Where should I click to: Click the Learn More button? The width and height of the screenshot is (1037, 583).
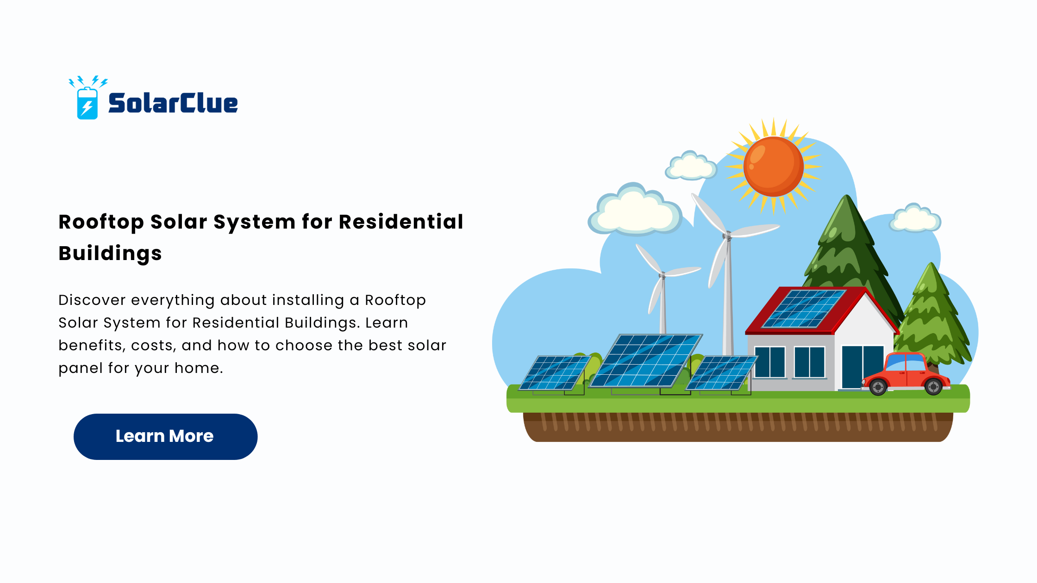(x=165, y=436)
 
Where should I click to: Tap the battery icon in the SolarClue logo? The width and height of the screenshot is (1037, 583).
(x=87, y=103)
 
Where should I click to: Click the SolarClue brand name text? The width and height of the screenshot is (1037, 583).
(x=173, y=103)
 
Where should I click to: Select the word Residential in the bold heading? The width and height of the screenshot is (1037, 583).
(x=401, y=222)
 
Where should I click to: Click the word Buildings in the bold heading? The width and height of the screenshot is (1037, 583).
(x=110, y=254)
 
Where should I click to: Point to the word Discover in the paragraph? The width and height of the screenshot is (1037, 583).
(x=92, y=300)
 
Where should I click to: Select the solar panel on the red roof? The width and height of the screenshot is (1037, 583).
(x=804, y=309)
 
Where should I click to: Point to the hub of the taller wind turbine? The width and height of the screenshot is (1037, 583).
(x=727, y=236)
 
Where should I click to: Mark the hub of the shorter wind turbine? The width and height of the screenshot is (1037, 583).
(x=662, y=276)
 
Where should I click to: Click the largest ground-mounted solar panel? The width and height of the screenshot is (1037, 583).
(x=646, y=360)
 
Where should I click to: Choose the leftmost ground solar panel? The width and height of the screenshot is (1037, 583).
(x=555, y=373)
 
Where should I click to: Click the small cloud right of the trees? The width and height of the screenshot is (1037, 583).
(x=915, y=218)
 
